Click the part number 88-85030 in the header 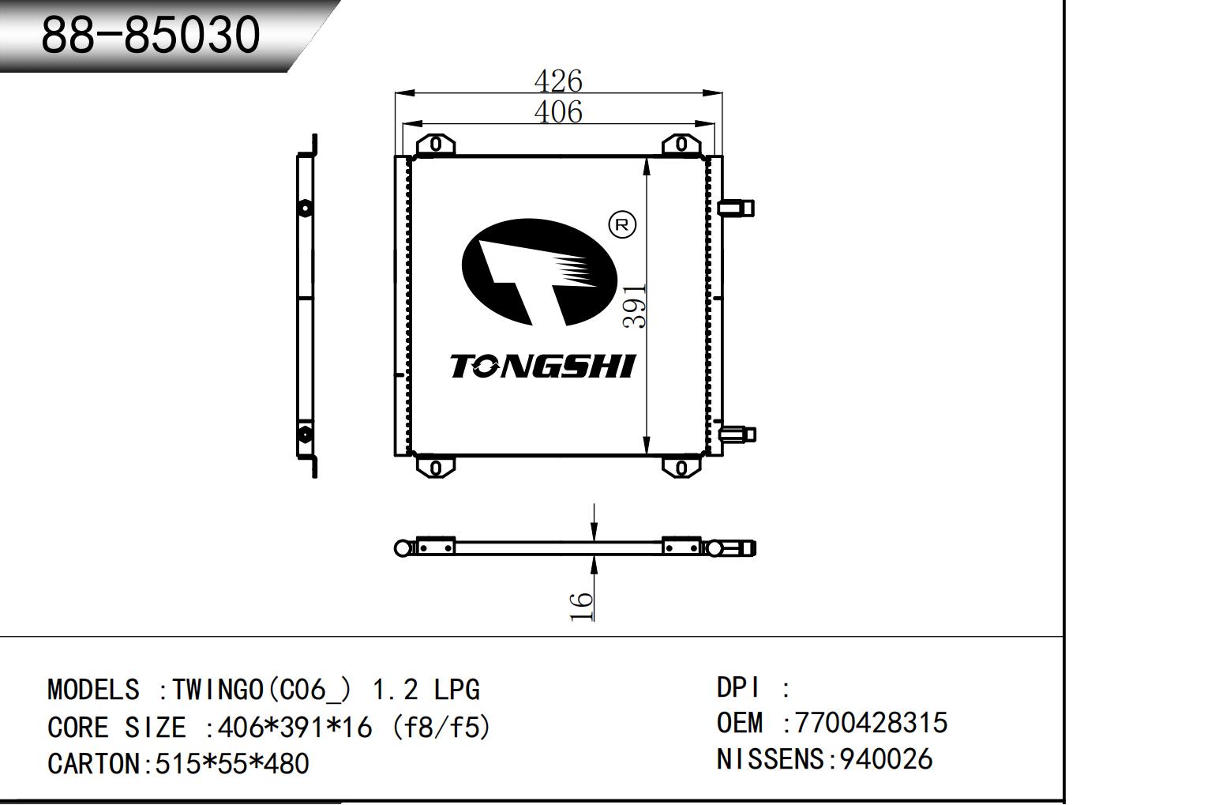tap(150, 35)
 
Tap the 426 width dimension tap(558, 81)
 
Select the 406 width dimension tap(558, 112)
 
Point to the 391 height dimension tap(635, 306)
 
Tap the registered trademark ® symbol tap(622, 225)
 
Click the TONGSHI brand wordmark tap(542, 367)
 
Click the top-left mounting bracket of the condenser tap(436, 145)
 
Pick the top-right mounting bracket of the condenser tap(681, 145)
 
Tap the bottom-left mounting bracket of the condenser tap(436, 467)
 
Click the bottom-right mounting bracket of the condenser tap(681, 467)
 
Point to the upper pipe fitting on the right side tap(736, 208)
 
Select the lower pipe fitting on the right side tap(737, 434)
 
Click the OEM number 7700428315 tap(871, 723)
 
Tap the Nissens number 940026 tap(885, 759)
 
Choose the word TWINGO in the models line tap(217, 690)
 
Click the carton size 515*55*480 tap(232, 764)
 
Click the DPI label tap(739, 687)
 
